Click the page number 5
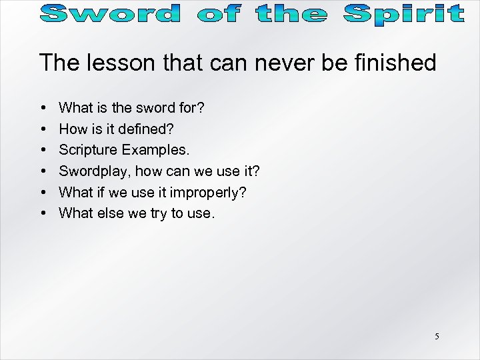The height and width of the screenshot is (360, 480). tap(437, 336)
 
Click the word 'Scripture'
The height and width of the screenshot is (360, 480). tap(86, 149)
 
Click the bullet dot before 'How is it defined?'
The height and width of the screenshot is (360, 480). tap(43, 128)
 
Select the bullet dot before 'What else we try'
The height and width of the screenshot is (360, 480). tap(43, 213)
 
